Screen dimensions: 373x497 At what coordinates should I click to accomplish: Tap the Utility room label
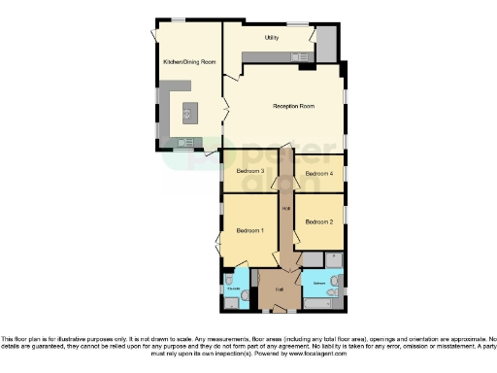[x=273, y=38]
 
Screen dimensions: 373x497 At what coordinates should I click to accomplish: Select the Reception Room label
[x=293, y=105]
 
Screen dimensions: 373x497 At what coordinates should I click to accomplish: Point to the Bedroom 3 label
[x=249, y=170]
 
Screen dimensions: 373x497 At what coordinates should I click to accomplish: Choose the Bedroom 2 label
[x=319, y=221]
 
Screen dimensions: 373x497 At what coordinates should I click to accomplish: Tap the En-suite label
[x=233, y=288]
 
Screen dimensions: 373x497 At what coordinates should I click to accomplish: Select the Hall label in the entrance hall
[x=278, y=288]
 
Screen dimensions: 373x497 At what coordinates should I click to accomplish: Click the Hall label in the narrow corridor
[x=286, y=208]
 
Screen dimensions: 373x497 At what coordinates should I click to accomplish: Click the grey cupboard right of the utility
[x=326, y=41]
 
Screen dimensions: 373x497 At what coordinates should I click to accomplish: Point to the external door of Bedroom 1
[x=216, y=244]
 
